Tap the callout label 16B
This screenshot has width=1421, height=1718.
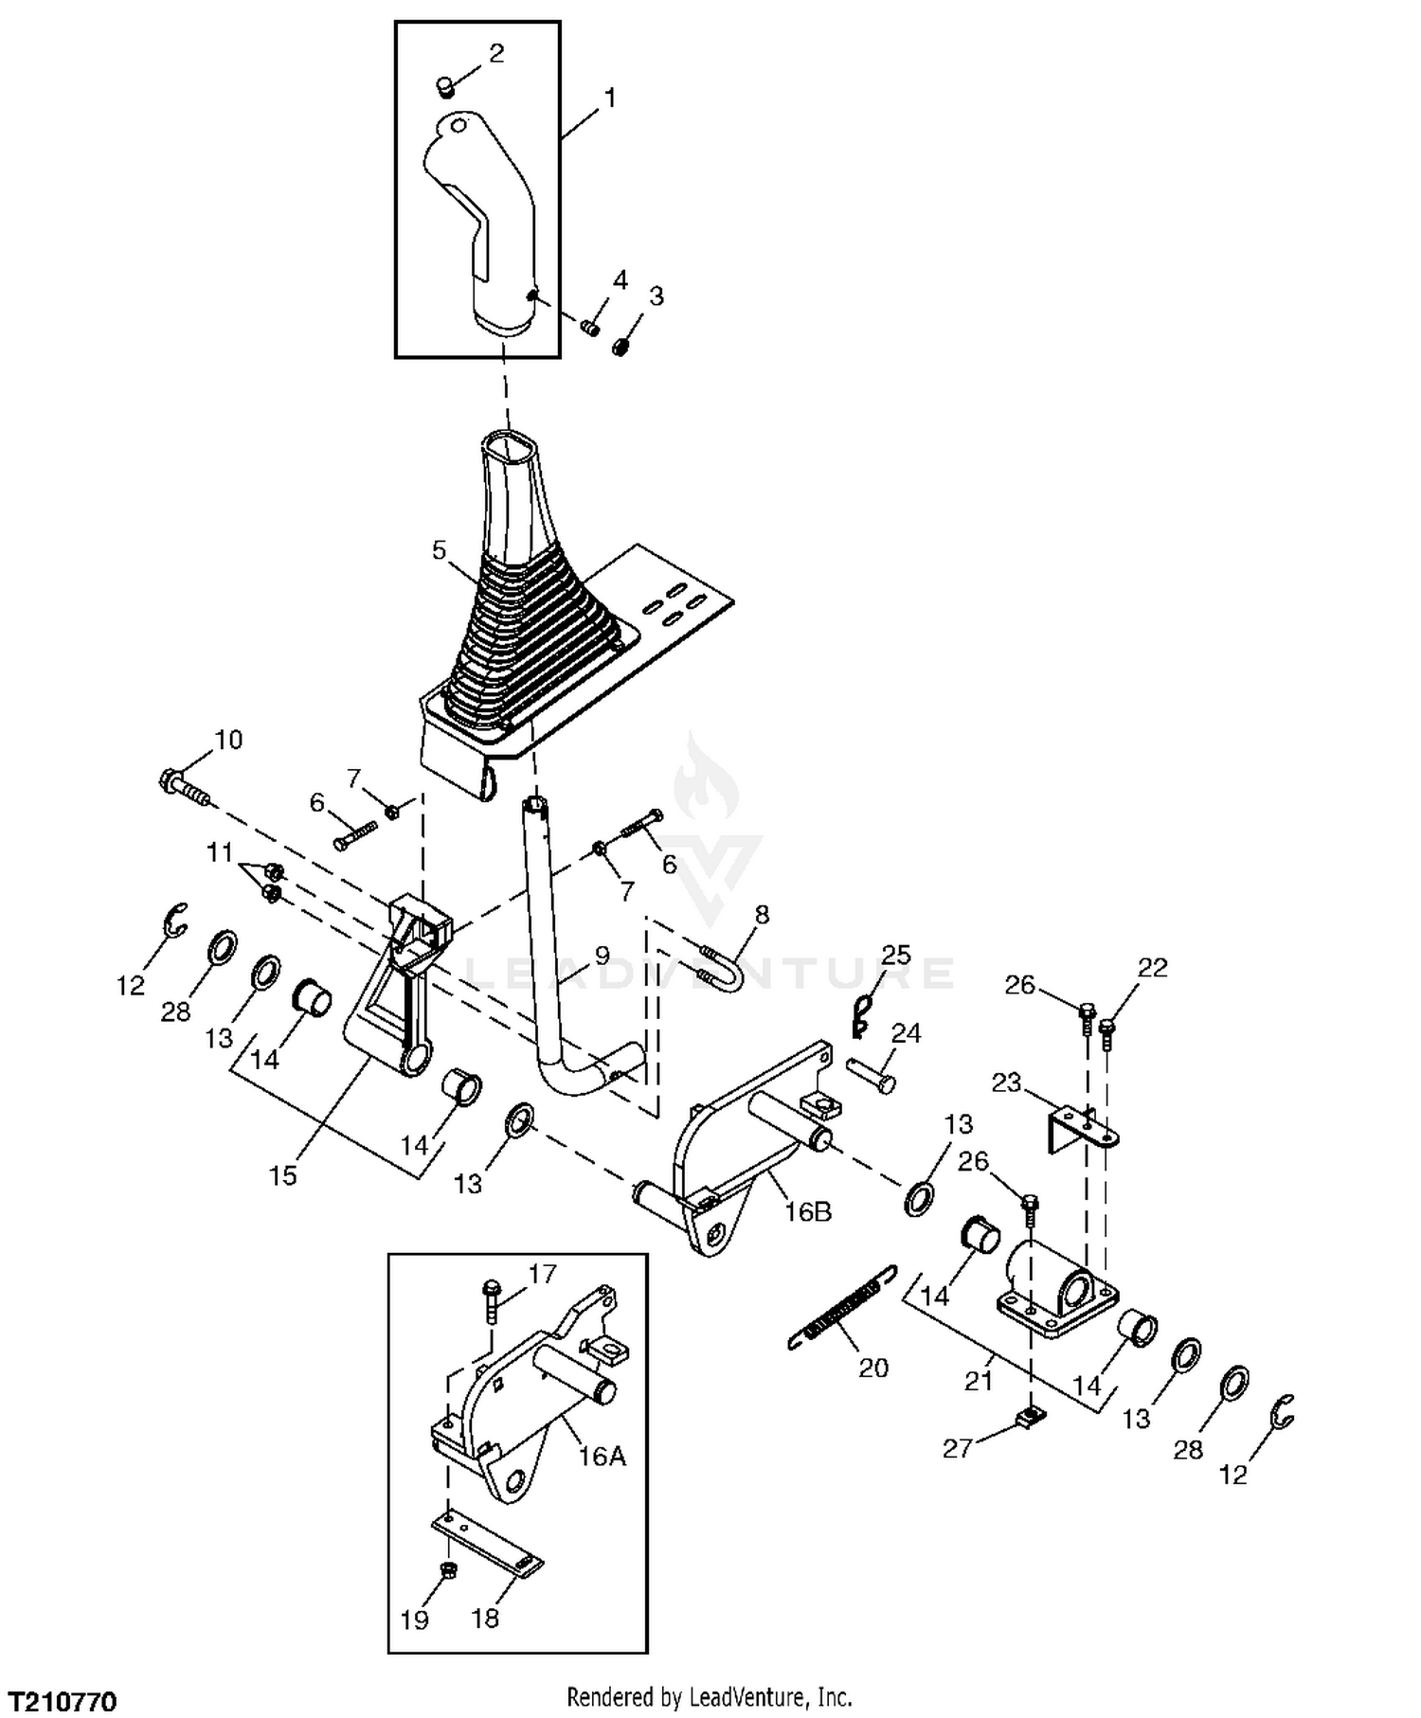pos(807,1211)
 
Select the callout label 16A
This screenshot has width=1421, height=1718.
pos(603,1457)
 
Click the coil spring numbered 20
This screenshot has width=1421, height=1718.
pos(840,1307)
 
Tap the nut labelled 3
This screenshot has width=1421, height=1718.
pos(621,348)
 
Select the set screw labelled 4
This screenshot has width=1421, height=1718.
pos(589,328)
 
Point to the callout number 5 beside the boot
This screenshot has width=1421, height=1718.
pos(439,550)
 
